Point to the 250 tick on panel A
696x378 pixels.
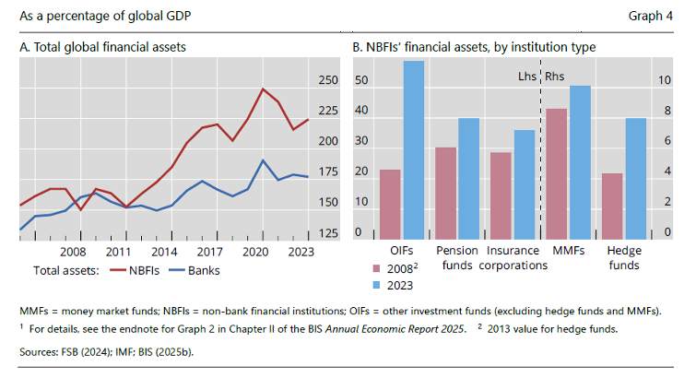click(x=328, y=81)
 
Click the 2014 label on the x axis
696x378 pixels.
click(x=163, y=252)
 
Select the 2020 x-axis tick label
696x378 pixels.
click(x=253, y=252)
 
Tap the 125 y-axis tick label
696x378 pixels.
click(x=328, y=232)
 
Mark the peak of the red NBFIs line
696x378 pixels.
click(x=264, y=89)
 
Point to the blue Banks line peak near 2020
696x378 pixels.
click(x=264, y=159)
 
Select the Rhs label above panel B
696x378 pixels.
click(x=556, y=77)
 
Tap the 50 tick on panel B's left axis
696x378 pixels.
click(x=361, y=81)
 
